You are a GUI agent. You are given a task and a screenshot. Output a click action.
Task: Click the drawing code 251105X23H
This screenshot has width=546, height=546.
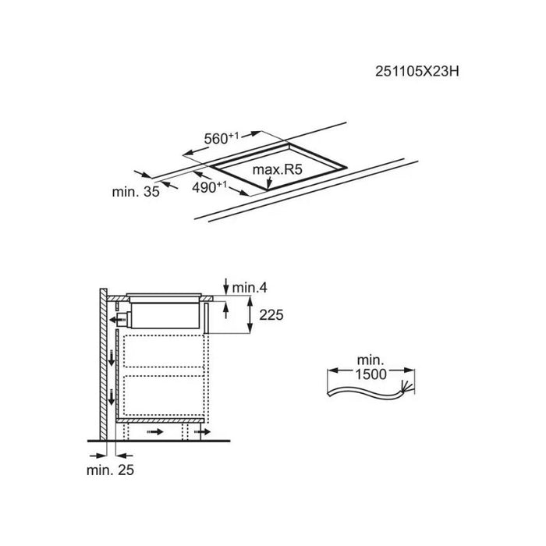coord(417,72)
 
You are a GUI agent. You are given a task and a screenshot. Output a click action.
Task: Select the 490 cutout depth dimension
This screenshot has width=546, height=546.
coord(209,187)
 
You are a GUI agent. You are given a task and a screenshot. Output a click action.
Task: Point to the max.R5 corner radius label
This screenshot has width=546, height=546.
coord(277,169)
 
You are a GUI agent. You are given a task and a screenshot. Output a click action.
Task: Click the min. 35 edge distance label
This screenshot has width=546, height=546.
coord(136,192)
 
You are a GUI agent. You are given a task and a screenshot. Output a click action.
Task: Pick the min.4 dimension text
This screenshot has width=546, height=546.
coord(250,288)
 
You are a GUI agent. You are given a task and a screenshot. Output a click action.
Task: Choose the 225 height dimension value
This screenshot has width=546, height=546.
coord(271,315)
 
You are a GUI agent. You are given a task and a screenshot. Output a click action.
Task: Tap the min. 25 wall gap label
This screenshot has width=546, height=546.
coord(110,470)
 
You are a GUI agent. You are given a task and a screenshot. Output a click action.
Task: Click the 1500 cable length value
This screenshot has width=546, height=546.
coord(370,374)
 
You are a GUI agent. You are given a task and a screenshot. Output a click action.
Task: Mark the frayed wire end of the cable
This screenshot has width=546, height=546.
coord(406,387)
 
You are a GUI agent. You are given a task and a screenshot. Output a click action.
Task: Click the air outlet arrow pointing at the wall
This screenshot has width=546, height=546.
coord(117,320)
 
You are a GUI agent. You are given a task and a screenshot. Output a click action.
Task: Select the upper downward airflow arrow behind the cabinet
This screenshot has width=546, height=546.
coord(112,358)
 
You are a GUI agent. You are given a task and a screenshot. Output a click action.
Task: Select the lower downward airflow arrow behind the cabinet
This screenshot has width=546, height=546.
coord(112,397)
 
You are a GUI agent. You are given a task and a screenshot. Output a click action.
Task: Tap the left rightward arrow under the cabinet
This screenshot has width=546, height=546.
coord(155,432)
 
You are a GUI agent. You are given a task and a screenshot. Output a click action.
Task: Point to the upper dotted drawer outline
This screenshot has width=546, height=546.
coord(164,351)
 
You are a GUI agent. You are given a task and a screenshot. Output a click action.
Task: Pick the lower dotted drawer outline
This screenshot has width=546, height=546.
coord(164,395)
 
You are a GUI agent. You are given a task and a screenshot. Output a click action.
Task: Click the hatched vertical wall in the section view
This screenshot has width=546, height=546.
coord(104,364)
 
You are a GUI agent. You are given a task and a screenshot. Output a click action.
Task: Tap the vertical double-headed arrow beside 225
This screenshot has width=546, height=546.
coord(250,314)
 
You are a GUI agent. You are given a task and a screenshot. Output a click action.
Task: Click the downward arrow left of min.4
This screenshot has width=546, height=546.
coord(226,286)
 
